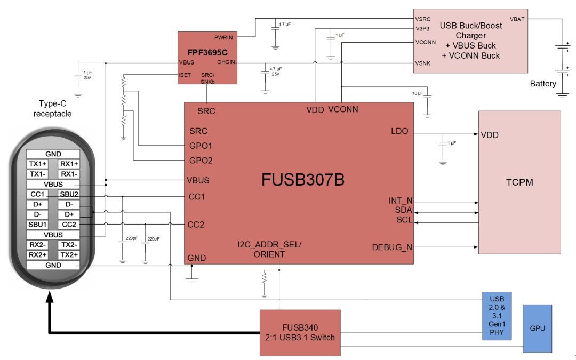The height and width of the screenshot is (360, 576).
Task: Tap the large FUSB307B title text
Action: (x=303, y=180)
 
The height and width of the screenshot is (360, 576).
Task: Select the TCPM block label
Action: (x=519, y=182)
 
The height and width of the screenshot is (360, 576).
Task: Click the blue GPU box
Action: (x=537, y=328)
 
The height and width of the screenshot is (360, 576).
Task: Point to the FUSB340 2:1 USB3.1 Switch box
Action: (x=300, y=332)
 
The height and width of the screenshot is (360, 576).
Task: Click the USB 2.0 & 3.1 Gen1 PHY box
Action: (x=497, y=315)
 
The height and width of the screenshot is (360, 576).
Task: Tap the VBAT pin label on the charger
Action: (x=517, y=19)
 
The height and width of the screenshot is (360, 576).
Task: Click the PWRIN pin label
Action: (x=224, y=37)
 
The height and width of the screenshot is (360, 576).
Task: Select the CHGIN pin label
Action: (x=226, y=63)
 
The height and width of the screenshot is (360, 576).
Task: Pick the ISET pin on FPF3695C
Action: (x=185, y=75)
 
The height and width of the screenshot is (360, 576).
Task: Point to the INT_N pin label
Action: (x=401, y=201)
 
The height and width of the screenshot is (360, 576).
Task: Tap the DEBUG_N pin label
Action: (x=392, y=247)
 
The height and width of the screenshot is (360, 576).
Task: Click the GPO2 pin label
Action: (x=201, y=160)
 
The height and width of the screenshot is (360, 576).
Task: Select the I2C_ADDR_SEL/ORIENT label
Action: (x=269, y=250)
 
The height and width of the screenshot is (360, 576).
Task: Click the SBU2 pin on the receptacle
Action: (x=69, y=194)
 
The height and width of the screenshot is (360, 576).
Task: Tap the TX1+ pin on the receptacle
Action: (x=37, y=164)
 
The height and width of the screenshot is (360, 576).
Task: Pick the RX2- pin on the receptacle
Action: (x=37, y=245)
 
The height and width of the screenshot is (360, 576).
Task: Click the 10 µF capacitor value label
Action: (x=417, y=93)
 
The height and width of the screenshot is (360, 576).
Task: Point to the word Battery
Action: (x=543, y=84)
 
